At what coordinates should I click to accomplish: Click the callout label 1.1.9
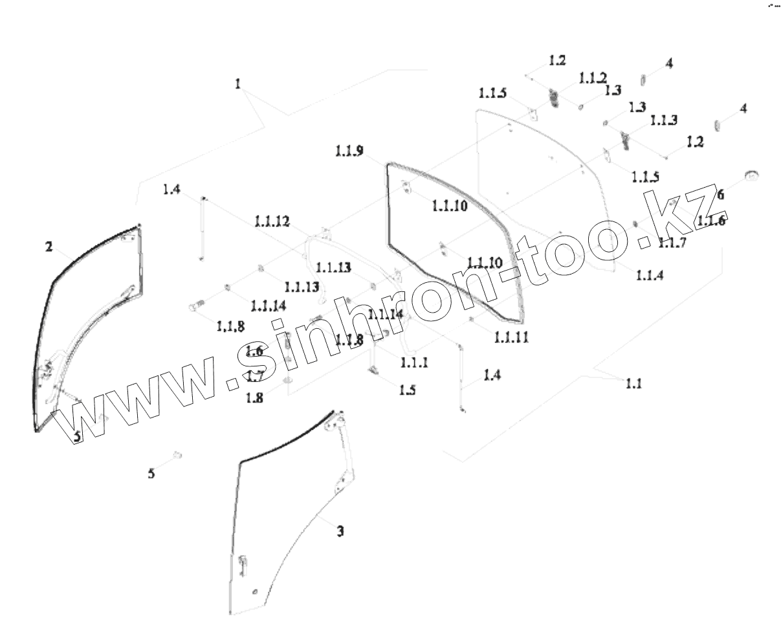tap(349, 151)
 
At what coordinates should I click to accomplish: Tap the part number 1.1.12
tap(272, 221)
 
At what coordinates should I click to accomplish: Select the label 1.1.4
tap(650, 275)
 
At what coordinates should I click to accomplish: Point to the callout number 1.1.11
tap(511, 337)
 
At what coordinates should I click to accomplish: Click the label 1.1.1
tap(414, 363)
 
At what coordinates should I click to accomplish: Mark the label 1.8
tap(254, 397)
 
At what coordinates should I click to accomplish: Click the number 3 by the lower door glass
tap(340, 531)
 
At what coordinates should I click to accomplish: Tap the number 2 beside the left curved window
tap(49, 246)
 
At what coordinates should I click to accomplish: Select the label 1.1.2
tap(593, 78)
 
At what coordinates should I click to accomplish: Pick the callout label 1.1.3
tap(663, 120)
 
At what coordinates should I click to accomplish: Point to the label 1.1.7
tap(672, 243)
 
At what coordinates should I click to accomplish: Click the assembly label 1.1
tap(633, 384)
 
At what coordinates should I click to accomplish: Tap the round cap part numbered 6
tap(751, 174)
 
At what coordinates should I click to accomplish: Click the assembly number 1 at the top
tap(238, 84)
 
